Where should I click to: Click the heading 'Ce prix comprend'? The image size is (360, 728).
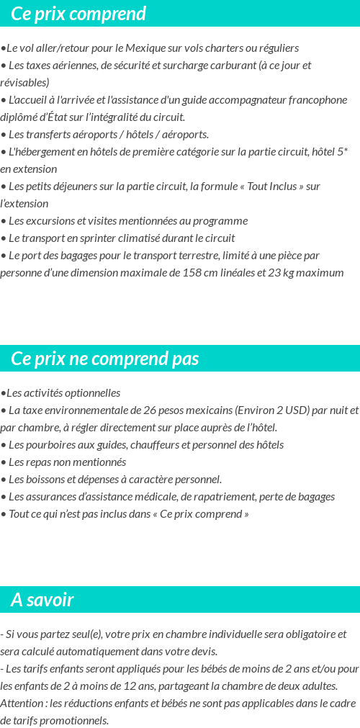pos(78,14)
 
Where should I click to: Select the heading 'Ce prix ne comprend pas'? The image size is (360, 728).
pos(105,359)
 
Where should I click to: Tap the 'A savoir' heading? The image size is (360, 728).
pos(42,600)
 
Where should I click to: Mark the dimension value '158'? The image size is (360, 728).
pos(192,273)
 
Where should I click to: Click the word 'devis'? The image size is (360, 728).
pos(203,652)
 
